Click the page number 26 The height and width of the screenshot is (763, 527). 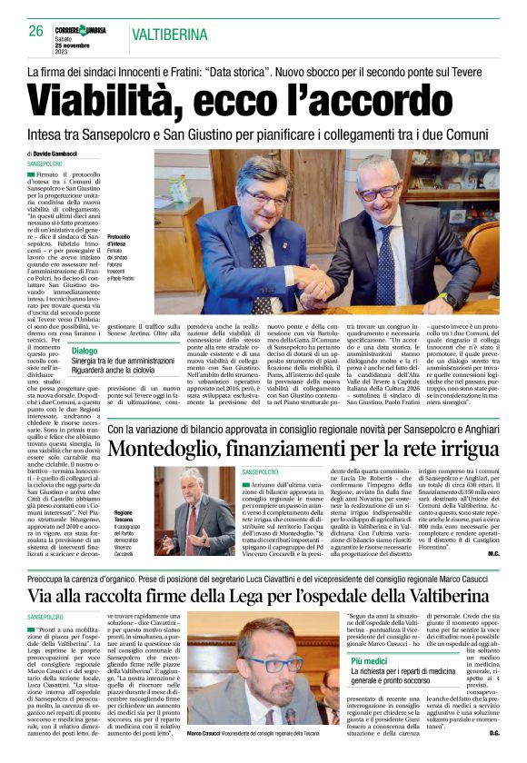click(36, 31)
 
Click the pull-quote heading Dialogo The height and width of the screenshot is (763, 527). click(85, 351)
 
